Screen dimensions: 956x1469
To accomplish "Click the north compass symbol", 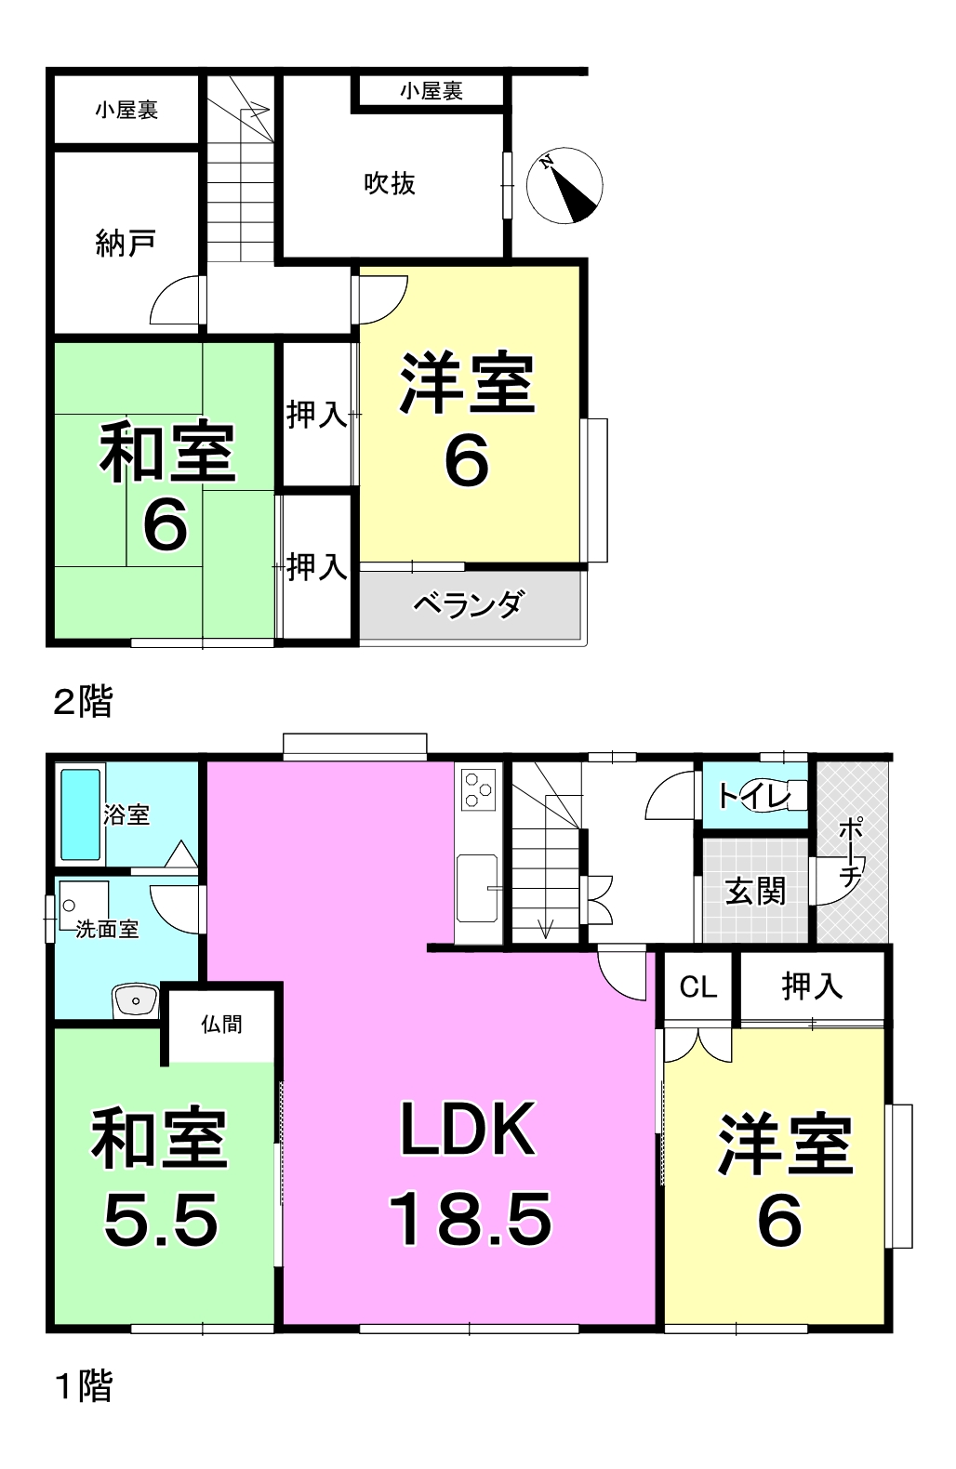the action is tap(564, 186).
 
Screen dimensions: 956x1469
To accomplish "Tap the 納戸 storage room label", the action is tap(126, 244).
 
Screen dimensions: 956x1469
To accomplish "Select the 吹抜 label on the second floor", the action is tap(389, 183).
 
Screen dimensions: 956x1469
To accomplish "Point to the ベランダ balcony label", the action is tap(469, 604).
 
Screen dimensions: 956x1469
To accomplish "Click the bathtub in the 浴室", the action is tap(80, 814).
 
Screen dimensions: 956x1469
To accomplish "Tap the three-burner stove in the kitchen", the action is tap(478, 789).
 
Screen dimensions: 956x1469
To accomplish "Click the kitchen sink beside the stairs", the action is tap(477, 888).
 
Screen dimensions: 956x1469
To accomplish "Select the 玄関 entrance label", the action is tap(755, 892).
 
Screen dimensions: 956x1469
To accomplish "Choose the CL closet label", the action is tap(698, 986).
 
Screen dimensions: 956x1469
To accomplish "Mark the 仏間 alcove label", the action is tap(221, 1024).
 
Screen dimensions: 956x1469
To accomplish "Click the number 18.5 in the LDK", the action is tap(471, 1219).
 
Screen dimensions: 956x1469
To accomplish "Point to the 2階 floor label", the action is tap(83, 701).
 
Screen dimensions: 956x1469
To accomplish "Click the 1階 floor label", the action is tap(85, 1385).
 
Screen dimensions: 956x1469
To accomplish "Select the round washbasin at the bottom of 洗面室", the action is tap(136, 1000).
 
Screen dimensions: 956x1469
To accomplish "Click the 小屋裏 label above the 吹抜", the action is tap(432, 91).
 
